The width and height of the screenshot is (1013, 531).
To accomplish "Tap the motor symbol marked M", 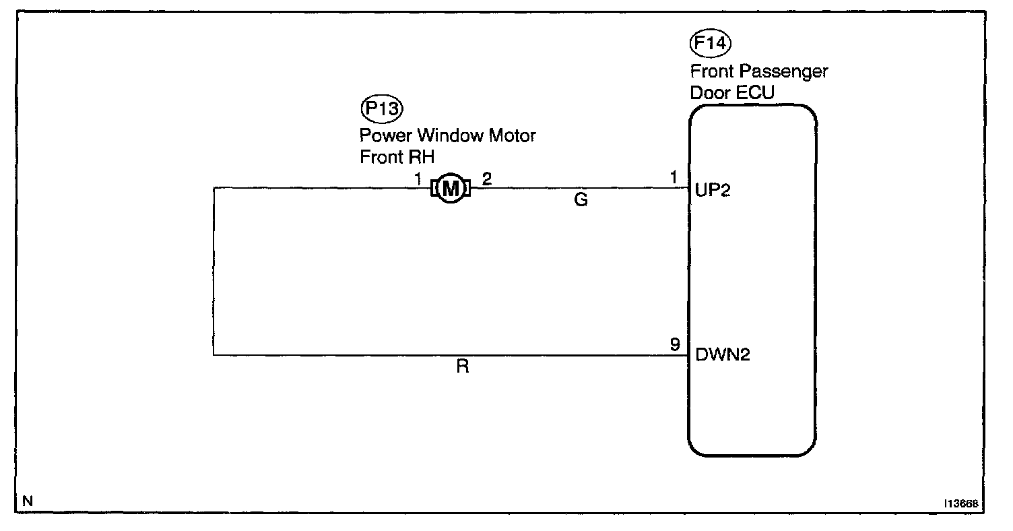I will [450, 189].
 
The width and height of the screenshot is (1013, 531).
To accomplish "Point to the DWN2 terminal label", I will [723, 354].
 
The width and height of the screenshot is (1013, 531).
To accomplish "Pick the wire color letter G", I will [581, 201].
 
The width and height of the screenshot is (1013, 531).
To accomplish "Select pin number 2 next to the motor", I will [486, 179].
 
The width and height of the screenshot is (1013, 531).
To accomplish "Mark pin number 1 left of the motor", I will [418, 179].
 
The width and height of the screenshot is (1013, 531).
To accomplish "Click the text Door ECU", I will [728, 92].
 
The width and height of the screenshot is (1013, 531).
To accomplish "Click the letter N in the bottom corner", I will [27, 501].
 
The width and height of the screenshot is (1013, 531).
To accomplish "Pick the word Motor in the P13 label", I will [513, 135].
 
